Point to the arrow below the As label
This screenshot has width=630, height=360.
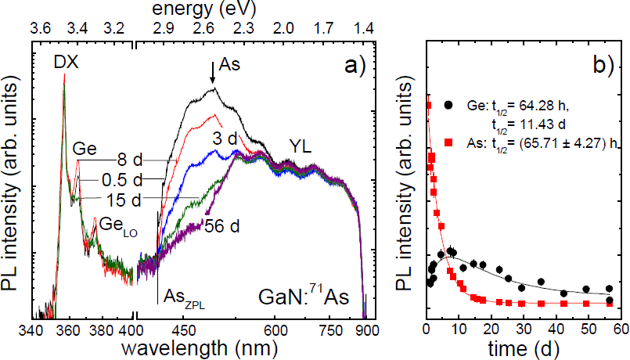[x=212, y=74]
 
